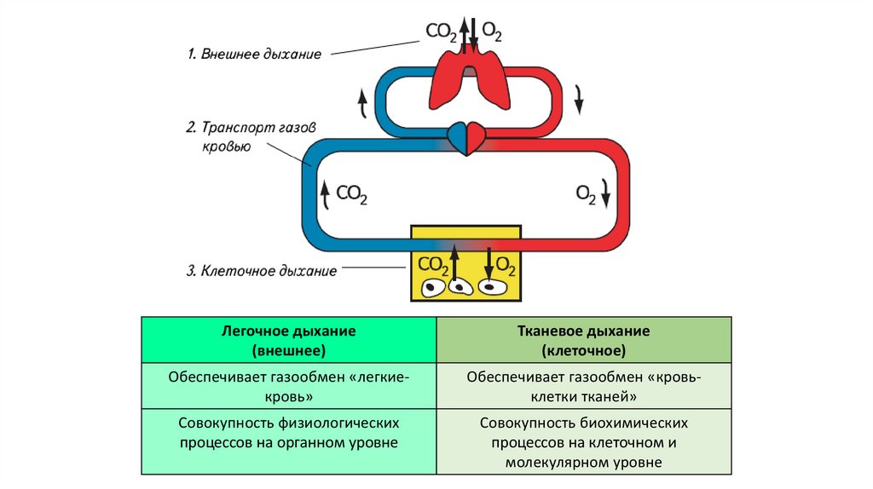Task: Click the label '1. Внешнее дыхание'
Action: (x=254, y=55)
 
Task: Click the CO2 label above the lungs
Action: (x=442, y=32)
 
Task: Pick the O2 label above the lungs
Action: (x=492, y=32)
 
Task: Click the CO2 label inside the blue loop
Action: (x=351, y=194)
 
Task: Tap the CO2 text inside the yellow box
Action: (x=432, y=264)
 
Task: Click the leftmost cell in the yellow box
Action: (x=436, y=287)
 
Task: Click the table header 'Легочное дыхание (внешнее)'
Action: (x=288, y=340)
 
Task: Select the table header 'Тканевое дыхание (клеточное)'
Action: (x=583, y=340)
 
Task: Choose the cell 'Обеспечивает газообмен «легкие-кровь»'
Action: (x=288, y=386)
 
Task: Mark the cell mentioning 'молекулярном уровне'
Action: (x=583, y=442)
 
